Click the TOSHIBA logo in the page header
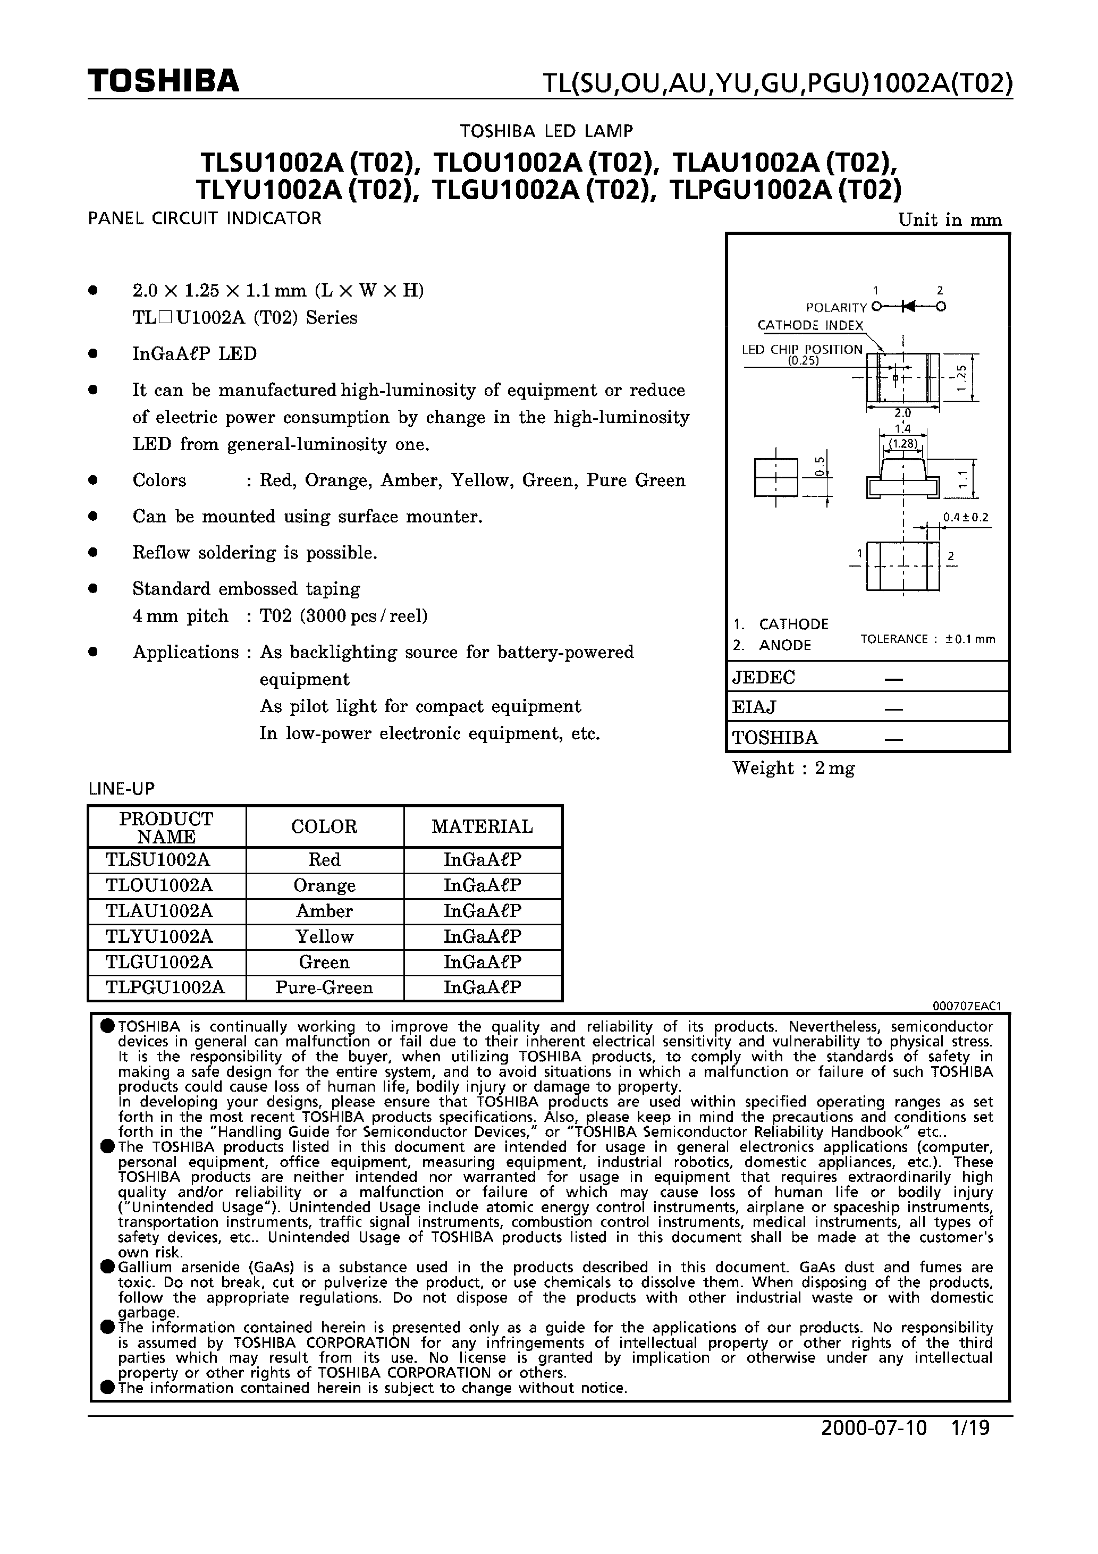(163, 81)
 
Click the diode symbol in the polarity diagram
(907, 307)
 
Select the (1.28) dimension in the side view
(903, 444)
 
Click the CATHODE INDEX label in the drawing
(810, 326)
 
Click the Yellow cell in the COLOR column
(324, 937)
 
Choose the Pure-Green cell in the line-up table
(324, 987)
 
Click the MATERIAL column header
(482, 826)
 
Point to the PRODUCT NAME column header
(166, 827)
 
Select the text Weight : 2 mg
(793, 768)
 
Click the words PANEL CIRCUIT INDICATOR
(205, 218)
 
